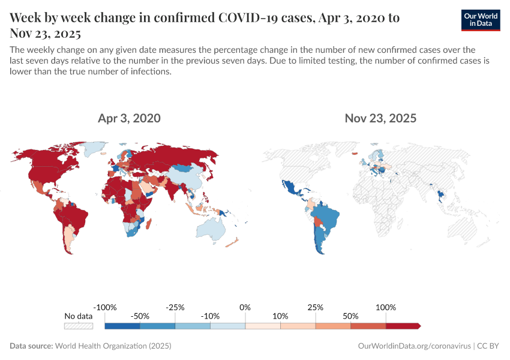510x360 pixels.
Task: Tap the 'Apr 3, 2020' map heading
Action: (x=129, y=118)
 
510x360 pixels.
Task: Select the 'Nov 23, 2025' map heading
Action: (x=380, y=118)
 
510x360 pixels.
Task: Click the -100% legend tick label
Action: (x=106, y=307)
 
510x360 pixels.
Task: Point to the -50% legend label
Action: (x=140, y=316)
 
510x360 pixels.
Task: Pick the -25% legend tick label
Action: (x=175, y=307)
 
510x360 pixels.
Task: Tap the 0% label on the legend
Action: (x=245, y=307)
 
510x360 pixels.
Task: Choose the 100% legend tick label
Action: (x=386, y=307)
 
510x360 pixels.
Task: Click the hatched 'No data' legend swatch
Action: (x=79, y=326)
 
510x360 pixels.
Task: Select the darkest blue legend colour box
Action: (x=122, y=326)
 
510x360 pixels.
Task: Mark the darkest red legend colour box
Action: (x=403, y=326)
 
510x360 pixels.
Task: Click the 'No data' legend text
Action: (x=79, y=316)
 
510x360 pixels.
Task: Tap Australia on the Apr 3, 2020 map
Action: (x=212, y=227)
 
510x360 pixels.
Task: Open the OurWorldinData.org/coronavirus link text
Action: (x=413, y=346)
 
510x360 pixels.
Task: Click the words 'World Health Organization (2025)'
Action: (x=113, y=346)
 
